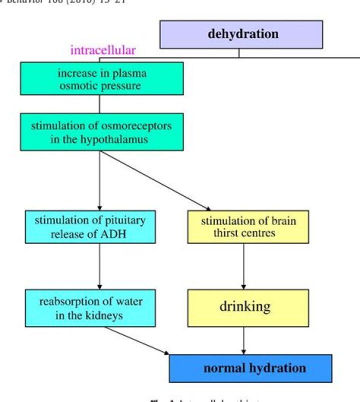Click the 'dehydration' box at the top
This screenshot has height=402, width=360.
241,34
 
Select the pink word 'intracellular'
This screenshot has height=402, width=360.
103,50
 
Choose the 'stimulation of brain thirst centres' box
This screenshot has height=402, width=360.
248,226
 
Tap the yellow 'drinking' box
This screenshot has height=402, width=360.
248,306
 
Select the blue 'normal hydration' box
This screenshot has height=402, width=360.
250,368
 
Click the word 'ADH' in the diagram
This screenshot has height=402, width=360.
115,233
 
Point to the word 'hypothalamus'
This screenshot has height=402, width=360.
117,139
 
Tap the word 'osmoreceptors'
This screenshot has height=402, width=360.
138,125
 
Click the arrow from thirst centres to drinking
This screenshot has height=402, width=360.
243,266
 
